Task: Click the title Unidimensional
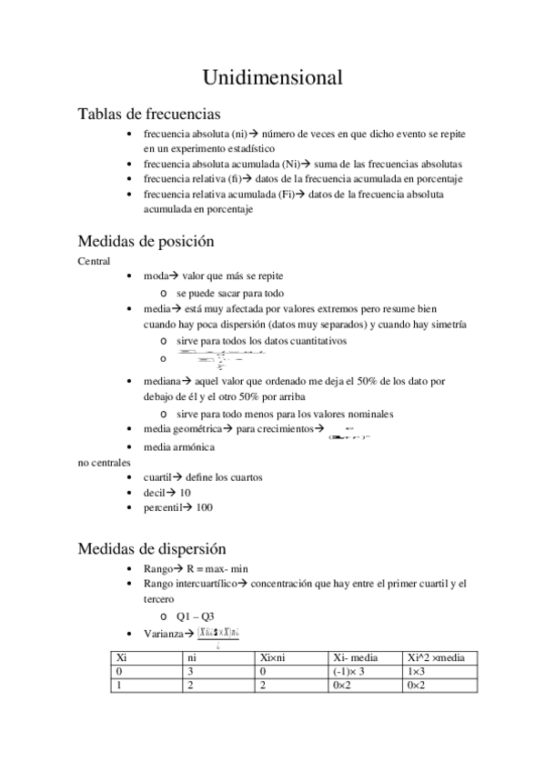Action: tap(272, 78)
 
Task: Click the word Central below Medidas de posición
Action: tap(95, 261)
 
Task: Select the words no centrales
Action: tap(105, 462)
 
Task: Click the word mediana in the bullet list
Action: tap(160, 382)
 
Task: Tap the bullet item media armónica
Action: tap(178, 446)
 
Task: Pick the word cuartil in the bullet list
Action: tap(156, 476)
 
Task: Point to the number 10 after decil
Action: tap(185, 492)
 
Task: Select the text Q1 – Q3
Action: tap(195, 616)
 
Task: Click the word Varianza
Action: tap(162, 633)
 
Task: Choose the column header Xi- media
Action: tap(357, 657)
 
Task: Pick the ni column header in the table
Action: tap(192, 657)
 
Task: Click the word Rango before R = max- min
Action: tap(158, 568)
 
